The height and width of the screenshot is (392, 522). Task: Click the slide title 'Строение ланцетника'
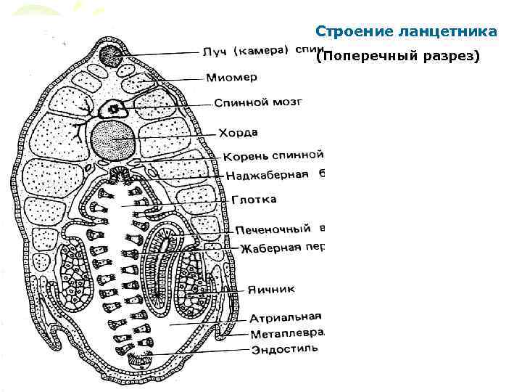(406, 32)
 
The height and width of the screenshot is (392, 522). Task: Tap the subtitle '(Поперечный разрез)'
(398, 57)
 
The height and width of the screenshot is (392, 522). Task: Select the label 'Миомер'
(231, 77)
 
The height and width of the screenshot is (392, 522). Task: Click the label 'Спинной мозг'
(257, 103)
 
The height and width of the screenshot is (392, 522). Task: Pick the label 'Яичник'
(270, 289)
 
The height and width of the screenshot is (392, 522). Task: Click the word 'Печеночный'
(273, 229)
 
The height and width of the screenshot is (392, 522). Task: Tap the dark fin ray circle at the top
(111, 55)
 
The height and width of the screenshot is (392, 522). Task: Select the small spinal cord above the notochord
(114, 109)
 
